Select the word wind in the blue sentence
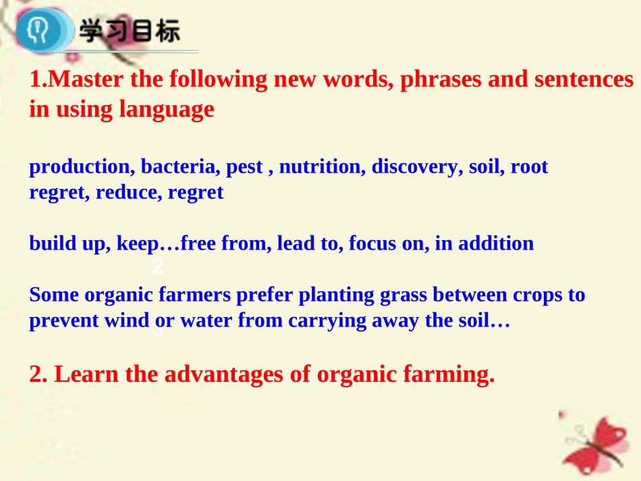tap(126, 320)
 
